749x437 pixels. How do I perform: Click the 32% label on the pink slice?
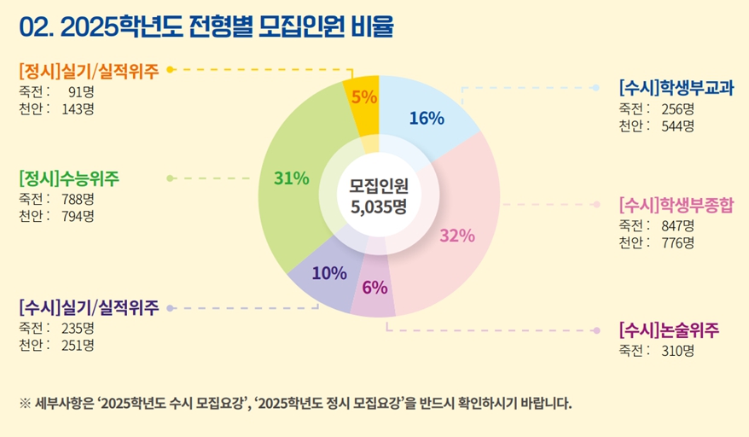(457, 236)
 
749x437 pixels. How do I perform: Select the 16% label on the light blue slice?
(427, 119)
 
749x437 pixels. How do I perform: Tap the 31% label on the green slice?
(291, 178)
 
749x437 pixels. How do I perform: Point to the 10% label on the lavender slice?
(329, 273)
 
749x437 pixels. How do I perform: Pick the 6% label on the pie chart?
(374, 288)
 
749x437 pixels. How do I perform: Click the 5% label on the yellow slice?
(364, 97)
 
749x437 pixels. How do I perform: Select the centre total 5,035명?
(378, 205)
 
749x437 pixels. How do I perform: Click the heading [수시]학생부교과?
(676, 88)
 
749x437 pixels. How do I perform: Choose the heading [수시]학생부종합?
(676, 206)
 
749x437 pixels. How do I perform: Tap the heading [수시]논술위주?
(669, 329)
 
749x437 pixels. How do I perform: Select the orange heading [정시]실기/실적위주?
(89, 71)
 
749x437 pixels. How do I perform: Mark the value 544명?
(677, 126)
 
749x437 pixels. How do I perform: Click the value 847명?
(677, 226)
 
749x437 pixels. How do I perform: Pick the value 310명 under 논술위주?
(677, 350)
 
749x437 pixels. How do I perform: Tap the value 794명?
(78, 216)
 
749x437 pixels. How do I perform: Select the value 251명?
(78, 345)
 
